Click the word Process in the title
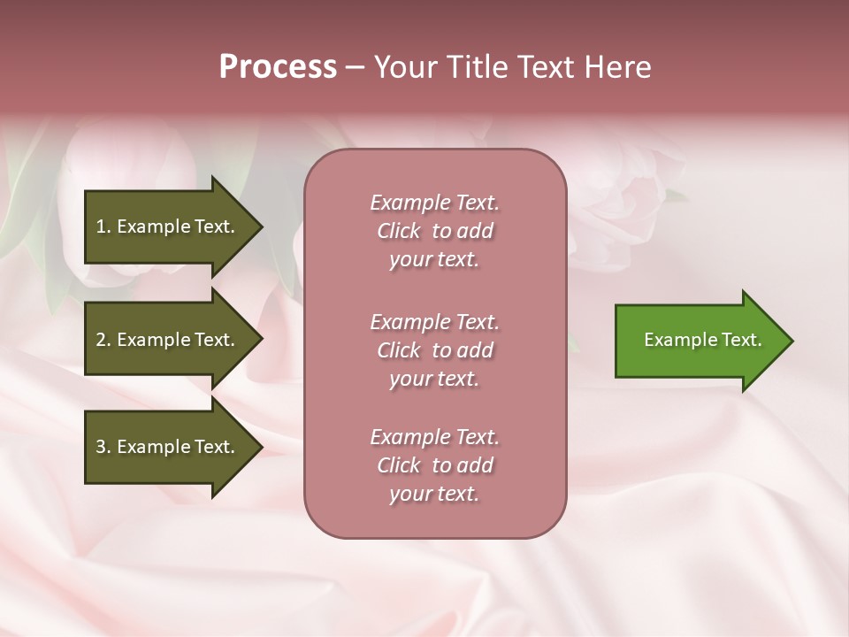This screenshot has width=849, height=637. (x=278, y=67)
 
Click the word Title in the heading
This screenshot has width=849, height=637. (x=478, y=67)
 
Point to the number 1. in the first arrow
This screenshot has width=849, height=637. (x=103, y=226)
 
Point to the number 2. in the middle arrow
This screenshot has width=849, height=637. (x=103, y=340)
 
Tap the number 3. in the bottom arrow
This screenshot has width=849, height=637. (x=103, y=447)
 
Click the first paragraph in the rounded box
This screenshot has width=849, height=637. (x=434, y=231)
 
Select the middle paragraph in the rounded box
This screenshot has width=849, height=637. (x=434, y=350)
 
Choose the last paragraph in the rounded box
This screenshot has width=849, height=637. (x=434, y=465)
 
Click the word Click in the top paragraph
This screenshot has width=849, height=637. (x=399, y=231)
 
